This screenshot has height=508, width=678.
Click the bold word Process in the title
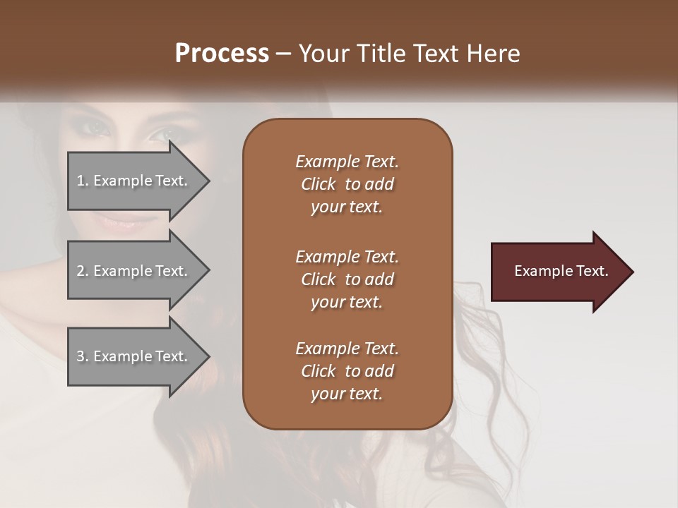click(222, 54)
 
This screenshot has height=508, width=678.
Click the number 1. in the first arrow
click(83, 181)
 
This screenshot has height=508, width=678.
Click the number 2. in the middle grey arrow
click(83, 271)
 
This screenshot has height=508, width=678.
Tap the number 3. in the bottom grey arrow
click(83, 356)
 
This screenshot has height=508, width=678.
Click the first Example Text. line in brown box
click(347, 162)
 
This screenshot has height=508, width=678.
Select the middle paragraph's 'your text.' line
click(347, 302)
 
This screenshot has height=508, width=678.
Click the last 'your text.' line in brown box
click(347, 394)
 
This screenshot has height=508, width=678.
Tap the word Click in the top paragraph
click(319, 184)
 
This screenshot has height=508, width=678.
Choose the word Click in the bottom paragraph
click(319, 371)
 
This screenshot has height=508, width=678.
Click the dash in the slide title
click(284, 54)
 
